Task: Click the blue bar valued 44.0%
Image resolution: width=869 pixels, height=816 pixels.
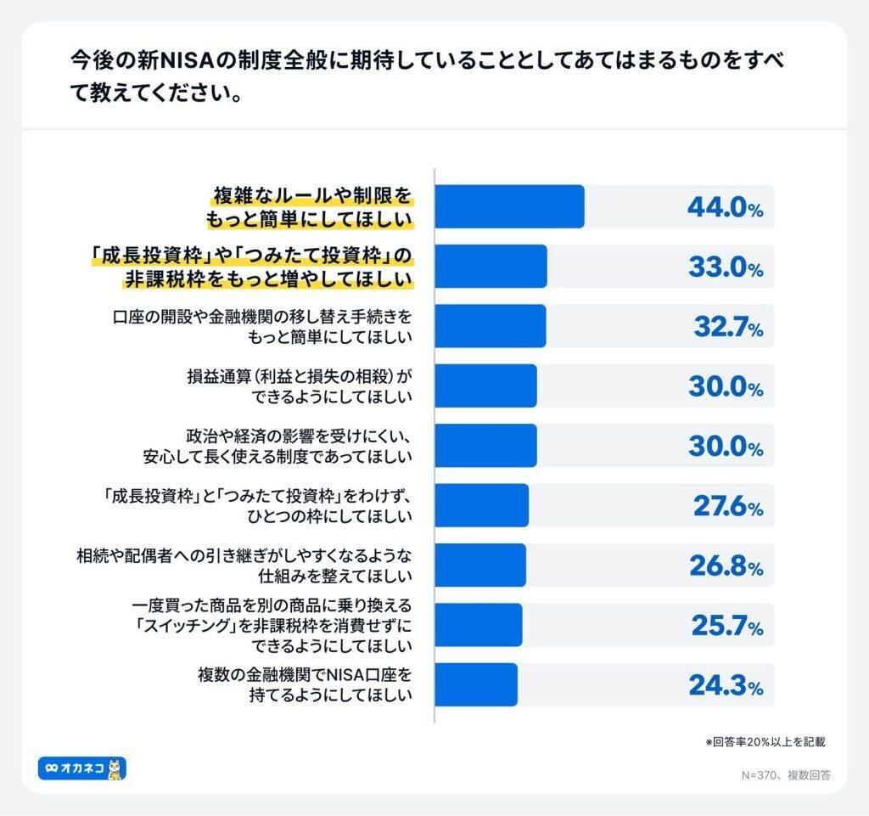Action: coord(509,206)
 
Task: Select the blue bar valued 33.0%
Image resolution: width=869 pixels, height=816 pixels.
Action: coord(491,266)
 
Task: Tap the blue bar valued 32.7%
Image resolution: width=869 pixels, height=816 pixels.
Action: coord(490,326)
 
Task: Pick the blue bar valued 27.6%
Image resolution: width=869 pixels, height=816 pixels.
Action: coord(481,505)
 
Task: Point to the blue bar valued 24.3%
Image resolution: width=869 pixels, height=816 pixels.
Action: coord(475,684)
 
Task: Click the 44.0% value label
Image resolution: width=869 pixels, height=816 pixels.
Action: coord(724,207)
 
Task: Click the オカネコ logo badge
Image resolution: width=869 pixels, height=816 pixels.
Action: coord(82,768)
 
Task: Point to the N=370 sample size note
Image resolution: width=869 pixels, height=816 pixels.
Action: coord(786,774)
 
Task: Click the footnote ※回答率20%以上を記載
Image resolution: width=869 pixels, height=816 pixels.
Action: coord(765,741)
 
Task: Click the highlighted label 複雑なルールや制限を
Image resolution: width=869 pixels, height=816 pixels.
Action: coord(311,198)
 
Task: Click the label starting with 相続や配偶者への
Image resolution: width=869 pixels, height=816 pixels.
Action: coord(244,556)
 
